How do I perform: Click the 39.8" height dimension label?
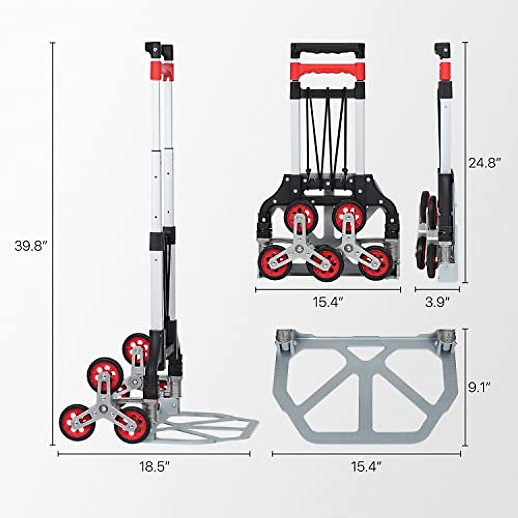click(x=30, y=246)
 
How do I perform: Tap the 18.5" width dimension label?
click(x=154, y=467)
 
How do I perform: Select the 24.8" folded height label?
click(x=484, y=163)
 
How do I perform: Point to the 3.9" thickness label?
click(x=437, y=302)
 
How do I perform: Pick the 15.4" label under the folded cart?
click(x=328, y=302)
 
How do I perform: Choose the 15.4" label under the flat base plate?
click(x=366, y=467)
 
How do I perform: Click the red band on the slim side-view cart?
click(x=445, y=69)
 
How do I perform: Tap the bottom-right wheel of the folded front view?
click(x=374, y=262)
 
